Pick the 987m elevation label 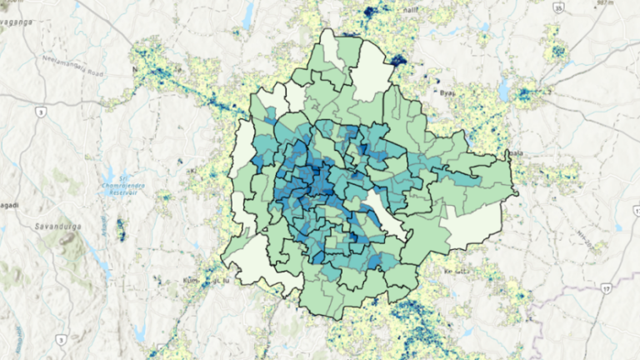[x=627, y=3]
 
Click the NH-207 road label [x=594, y=242]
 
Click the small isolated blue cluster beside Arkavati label [x=121, y=230]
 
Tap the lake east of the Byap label [x=504, y=87]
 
